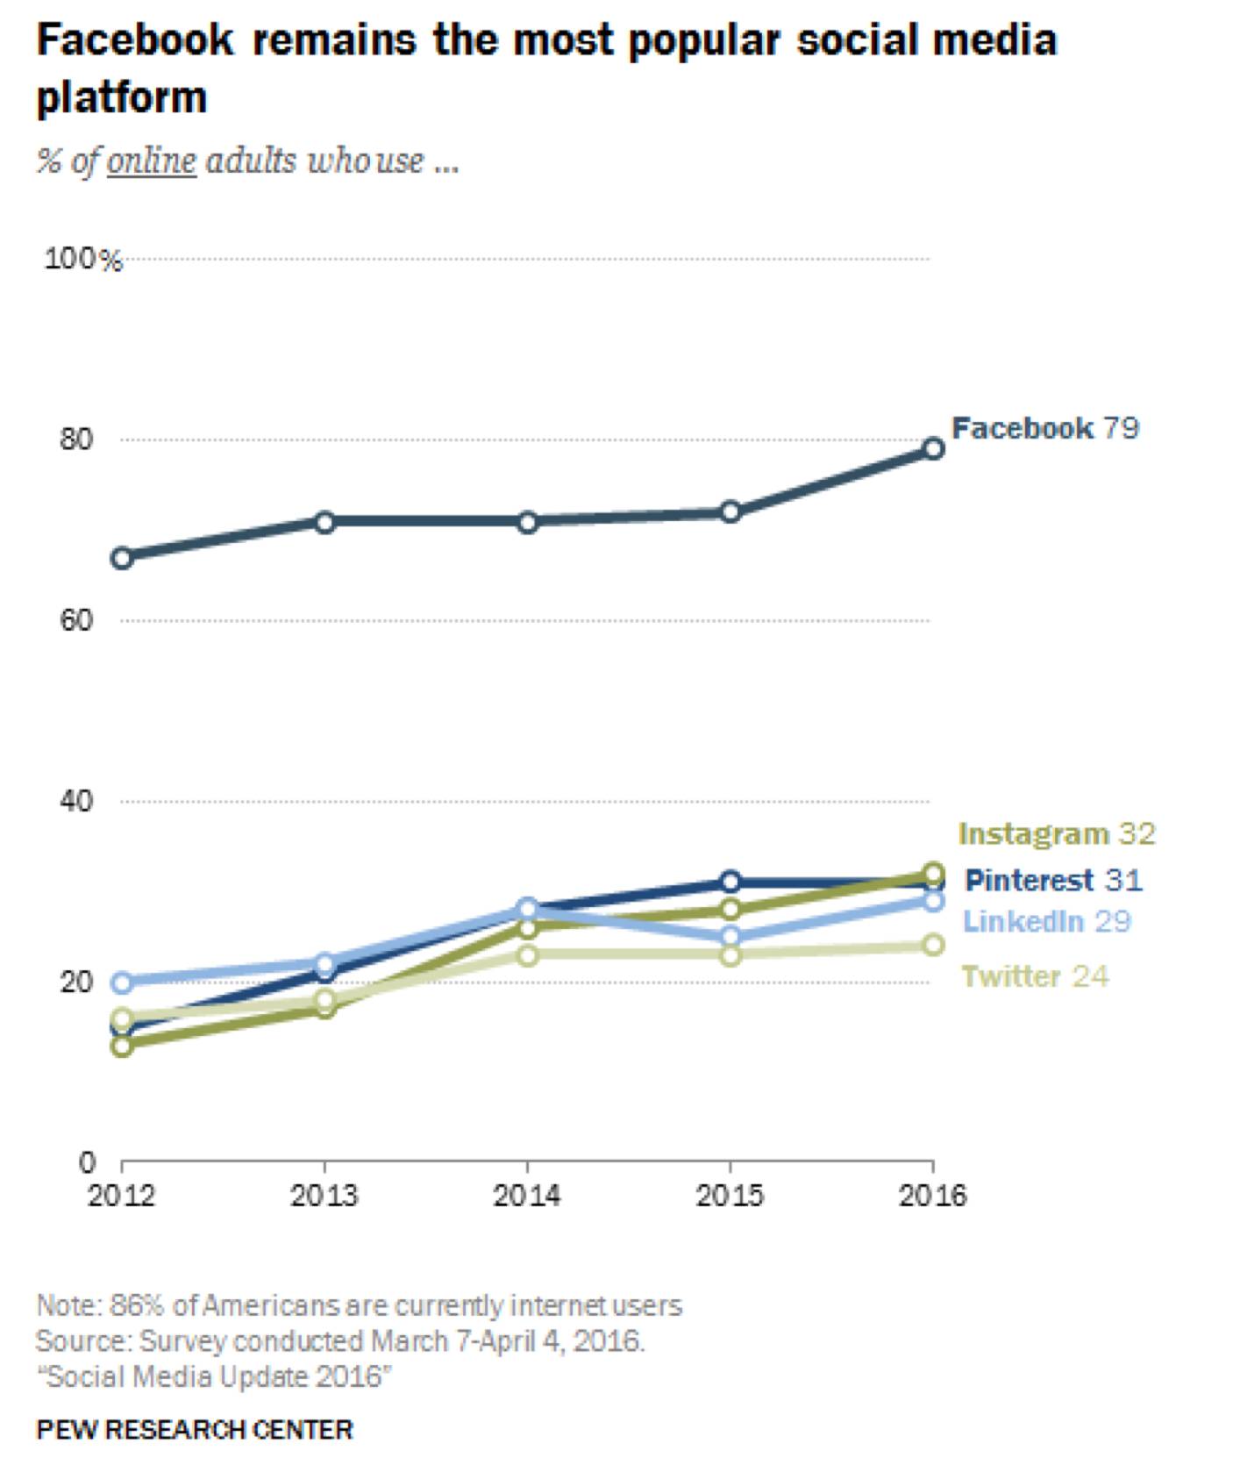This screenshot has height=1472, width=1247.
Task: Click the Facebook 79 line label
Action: pyautogui.click(x=1044, y=428)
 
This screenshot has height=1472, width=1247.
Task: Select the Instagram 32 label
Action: pyautogui.click(x=1057, y=833)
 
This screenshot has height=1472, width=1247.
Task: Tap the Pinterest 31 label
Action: pyautogui.click(x=1053, y=880)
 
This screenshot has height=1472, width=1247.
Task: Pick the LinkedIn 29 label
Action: pyautogui.click(x=1047, y=921)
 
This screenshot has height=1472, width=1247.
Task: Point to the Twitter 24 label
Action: pyautogui.click(x=1035, y=976)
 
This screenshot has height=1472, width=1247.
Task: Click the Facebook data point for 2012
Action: pyautogui.click(x=122, y=558)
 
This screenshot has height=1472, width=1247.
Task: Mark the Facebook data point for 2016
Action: pyautogui.click(x=934, y=449)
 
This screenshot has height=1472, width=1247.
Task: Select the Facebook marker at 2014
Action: pyautogui.click(x=528, y=522)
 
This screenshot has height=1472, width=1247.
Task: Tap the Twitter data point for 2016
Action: pyautogui.click(x=934, y=945)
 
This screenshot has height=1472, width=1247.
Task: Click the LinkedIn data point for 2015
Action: pyautogui.click(x=730, y=936)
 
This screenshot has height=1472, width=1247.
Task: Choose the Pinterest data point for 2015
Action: pyautogui.click(x=730, y=882)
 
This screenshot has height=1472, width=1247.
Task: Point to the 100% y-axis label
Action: pyautogui.click(x=83, y=260)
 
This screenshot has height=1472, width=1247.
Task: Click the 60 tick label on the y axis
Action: pyautogui.click(x=76, y=621)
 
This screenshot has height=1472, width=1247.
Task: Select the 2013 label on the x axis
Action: pyautogui.click(x=324, y=1196)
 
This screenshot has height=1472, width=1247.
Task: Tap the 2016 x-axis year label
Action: pyautogui.click(x=933, y=1196)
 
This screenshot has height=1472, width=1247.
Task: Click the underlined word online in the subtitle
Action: pyautogui.click(x=152, y=161)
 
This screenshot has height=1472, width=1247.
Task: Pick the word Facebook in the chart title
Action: pyautogui.click(x=136, y=40)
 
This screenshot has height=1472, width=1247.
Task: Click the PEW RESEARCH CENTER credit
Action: pyautogui.click(x=195, y=1430)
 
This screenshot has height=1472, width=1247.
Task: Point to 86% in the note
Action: pyautogui.click(x=137, y=1305)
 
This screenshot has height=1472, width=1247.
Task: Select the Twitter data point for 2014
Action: pyautogui.click(x=528, y=954)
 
